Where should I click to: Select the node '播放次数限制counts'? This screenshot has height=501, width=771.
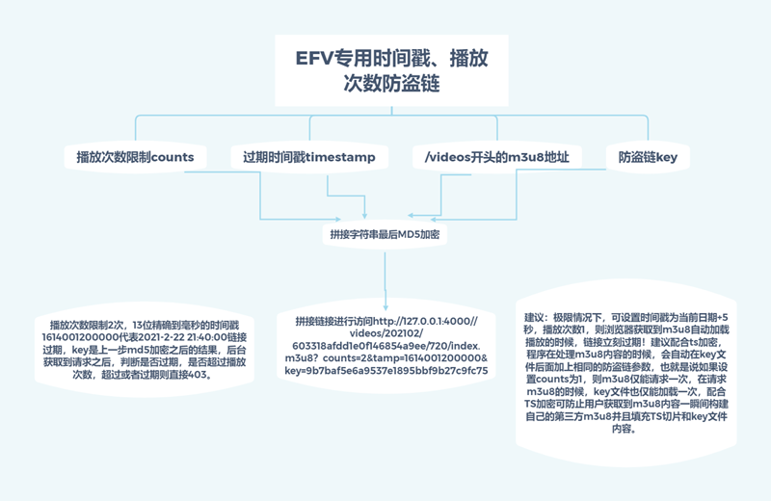pos(135,157)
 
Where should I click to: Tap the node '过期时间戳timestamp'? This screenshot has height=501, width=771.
pos(308,157)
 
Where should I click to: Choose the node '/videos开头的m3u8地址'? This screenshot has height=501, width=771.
pos(496,157)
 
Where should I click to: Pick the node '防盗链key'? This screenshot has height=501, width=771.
pos(648,157)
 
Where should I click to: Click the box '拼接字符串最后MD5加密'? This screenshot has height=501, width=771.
pos(386,234)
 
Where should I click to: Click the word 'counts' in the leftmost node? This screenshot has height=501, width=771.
pos(173,157)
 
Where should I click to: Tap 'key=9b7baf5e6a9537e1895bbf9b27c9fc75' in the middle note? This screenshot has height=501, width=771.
pos(385,370)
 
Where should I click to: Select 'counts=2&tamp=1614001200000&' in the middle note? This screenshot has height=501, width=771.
pos(417,357)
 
